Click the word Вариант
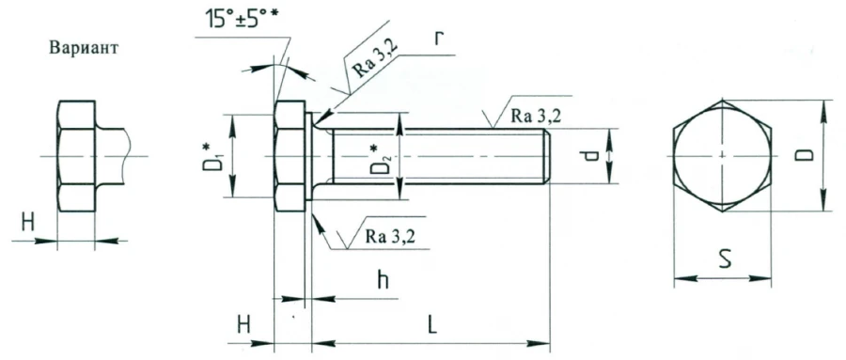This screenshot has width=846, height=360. click(x=83, y=49)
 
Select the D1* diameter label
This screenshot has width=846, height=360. click(x=215, y=156)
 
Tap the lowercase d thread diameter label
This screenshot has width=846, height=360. click(x=590, y=156)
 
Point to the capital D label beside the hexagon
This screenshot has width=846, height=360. click(x=807, y=154)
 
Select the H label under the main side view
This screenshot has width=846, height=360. click(x=244, y=324)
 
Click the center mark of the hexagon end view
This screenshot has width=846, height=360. click(x=722, y=155)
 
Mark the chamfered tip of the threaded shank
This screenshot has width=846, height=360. click(x=546, y=156)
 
